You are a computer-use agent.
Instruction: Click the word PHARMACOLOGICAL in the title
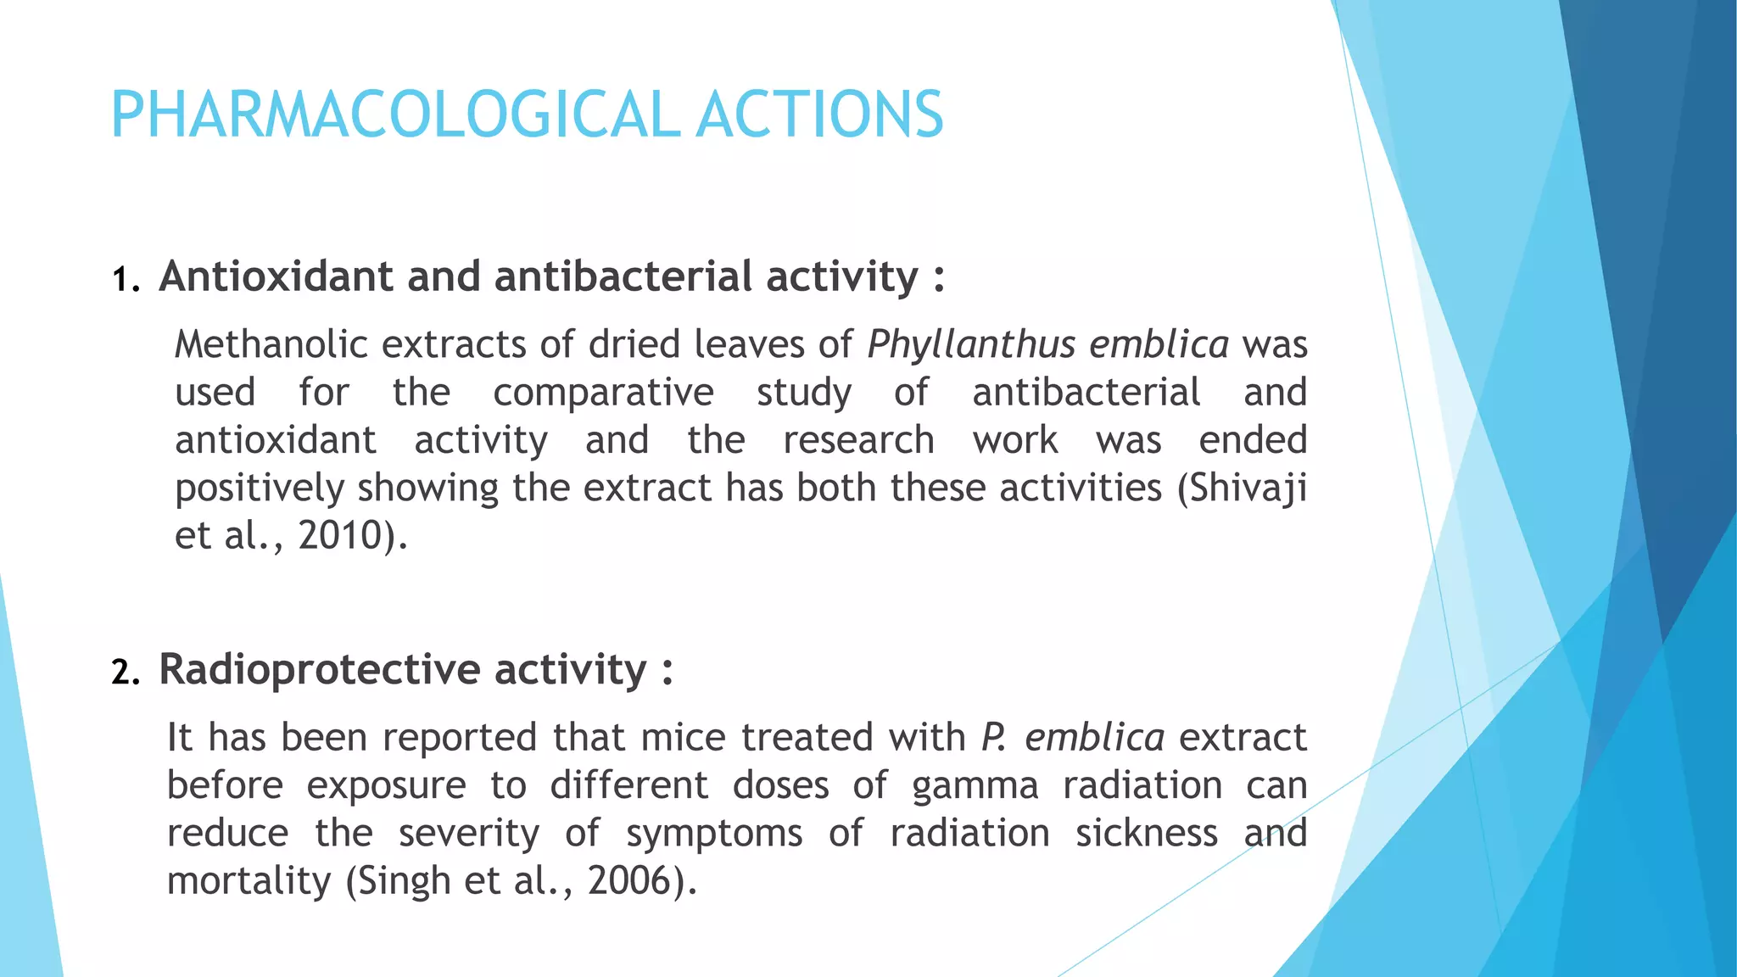tap(394, 115)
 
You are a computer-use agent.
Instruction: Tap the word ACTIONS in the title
tap(819, 115)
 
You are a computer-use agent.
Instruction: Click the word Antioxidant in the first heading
tap(276, 277)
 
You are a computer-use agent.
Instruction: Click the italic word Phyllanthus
tap(971, 345)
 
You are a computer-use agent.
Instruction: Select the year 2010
tap(340, 536)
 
